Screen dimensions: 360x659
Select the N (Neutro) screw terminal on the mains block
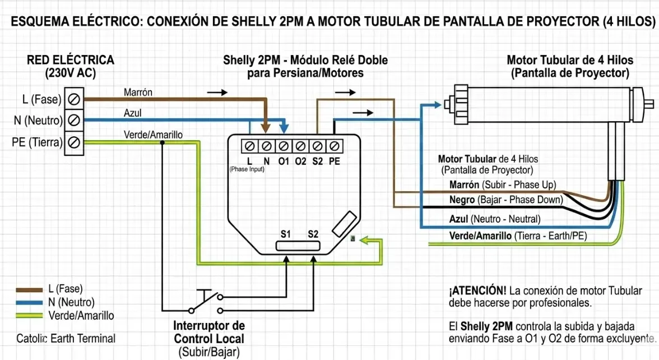tap(73, 121)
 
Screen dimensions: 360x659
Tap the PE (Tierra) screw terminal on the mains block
tap(73, 142)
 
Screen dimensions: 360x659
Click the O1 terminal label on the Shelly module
tap(283, 161)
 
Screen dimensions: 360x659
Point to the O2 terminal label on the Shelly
tap(301, 161)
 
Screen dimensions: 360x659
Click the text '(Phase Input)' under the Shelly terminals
tap(246, 169)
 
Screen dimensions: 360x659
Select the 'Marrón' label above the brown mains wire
tap(138, 92)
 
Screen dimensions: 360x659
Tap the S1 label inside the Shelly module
tap(286, 234)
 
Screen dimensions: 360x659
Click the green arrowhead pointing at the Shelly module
tap(363, 240)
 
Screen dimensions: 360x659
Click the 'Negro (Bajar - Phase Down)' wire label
tap(506, 200)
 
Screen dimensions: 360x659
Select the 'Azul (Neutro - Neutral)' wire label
tap(495, 219)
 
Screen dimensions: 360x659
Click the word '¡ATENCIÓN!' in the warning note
tap(477, 291)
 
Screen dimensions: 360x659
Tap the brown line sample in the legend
tap(29, 290)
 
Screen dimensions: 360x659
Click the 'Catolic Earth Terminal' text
tap(66, 339)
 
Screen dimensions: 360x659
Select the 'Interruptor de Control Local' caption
tap(209, 332)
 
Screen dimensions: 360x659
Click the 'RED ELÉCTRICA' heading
tap(70, 60)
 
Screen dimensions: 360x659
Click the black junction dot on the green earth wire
tap(163, 142)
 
